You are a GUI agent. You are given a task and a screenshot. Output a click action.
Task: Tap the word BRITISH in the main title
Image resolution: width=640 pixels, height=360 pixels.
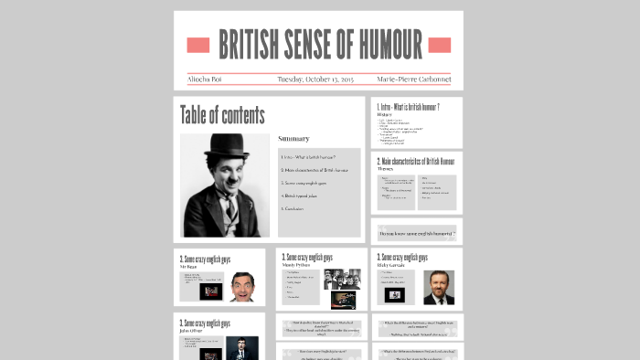tap(249, 44)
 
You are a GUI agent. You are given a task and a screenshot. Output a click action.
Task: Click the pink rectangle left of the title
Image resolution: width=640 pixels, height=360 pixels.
tap(198, 45)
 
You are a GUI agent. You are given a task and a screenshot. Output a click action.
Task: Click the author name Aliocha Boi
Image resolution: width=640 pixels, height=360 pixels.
tap(205, 79)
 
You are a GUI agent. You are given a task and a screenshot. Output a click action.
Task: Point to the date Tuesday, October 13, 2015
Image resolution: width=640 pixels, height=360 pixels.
tap(315, 79)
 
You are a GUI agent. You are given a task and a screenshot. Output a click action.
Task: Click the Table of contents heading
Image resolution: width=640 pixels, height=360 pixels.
tap(222, 115)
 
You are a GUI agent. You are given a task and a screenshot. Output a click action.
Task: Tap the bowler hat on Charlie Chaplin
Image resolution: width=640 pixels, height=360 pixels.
tap(224, 147)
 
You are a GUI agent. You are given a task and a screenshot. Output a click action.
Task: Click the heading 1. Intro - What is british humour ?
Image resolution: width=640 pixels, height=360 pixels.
tap(408, 107)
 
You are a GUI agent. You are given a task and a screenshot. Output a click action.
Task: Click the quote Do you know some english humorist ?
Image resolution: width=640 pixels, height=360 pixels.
tap(416, 233)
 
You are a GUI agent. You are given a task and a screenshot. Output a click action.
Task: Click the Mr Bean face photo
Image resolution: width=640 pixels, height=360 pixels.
tap(242, 288)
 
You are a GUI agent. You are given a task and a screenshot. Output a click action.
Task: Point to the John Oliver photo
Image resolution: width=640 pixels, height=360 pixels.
tap(241, 348)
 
